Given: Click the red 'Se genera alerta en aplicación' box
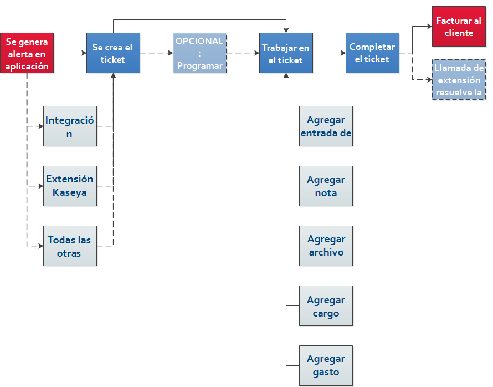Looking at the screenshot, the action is point(27,53).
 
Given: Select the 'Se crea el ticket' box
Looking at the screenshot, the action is point(113,53).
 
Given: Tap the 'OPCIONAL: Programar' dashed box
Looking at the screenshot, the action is point(199,53).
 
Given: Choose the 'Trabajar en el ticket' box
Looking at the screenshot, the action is point(286,53).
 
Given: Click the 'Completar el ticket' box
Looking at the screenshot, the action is point(373,53).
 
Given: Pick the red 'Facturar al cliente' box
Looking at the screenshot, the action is point(459,27).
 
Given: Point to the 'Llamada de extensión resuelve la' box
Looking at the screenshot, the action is point(459,80).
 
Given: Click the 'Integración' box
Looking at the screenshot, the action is point(70,126).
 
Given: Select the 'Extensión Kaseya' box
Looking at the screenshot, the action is point(70,186).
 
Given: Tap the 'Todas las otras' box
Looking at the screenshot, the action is point(70,246).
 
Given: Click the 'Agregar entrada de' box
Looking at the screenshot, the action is point(326,126).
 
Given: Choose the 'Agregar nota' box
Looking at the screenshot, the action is point(326,186).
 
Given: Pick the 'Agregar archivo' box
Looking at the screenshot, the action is point(326,246).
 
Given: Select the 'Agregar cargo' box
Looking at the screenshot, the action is point(326,306).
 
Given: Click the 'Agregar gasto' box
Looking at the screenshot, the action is point(326,365).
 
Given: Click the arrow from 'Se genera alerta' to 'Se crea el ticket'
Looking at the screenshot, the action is point(70,53).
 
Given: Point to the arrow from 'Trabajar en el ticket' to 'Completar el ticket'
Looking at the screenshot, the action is point(330,53).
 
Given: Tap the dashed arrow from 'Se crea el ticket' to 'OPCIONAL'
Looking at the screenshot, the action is point(157,53).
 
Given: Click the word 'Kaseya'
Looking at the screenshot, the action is point(69,192).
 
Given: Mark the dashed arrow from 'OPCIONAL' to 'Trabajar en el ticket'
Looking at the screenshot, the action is point(243,53).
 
